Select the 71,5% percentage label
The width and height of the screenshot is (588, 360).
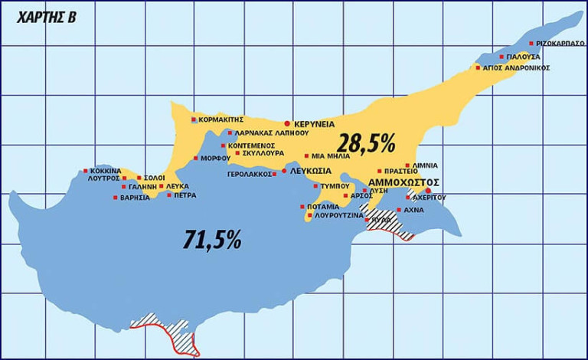pos(212,240)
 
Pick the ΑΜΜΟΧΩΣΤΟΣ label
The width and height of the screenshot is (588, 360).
pos(403,182)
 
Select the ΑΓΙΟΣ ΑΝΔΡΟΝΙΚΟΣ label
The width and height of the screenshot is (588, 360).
pos(516,68)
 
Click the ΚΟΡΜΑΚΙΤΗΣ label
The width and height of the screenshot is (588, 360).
pos(221,119)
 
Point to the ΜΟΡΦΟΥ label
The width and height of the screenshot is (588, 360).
pos(217,159)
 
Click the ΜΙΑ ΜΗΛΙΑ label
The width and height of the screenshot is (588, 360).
pos(332,155)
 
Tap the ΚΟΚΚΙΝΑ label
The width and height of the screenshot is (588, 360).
pos(106,171)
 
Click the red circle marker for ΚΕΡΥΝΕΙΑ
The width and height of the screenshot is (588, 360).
pos(287,123)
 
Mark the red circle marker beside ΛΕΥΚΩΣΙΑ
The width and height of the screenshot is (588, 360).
pos(285,171)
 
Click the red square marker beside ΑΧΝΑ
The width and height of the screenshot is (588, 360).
pos(398,209)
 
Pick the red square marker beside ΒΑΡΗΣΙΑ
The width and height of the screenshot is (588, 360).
pos(116,198)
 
